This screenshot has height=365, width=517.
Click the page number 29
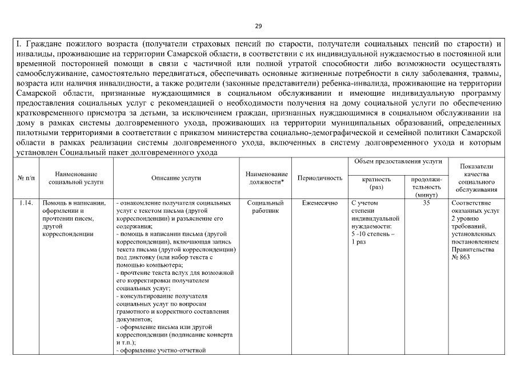tap(258, 26)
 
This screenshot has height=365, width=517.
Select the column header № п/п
tap(25, 178)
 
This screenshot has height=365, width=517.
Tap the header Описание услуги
tap(176, 178)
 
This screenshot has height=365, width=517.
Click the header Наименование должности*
tap(266, 178)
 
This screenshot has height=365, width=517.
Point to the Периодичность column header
tap(319, 178)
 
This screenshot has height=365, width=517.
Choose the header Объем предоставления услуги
tap(398, 162)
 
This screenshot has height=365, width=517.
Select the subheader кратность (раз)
tap(376, 182)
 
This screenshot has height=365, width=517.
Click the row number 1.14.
tap(25, 202)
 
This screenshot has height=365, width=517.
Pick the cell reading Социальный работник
tap(266, 206)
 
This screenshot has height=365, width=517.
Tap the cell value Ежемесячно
tap(319, 202)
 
